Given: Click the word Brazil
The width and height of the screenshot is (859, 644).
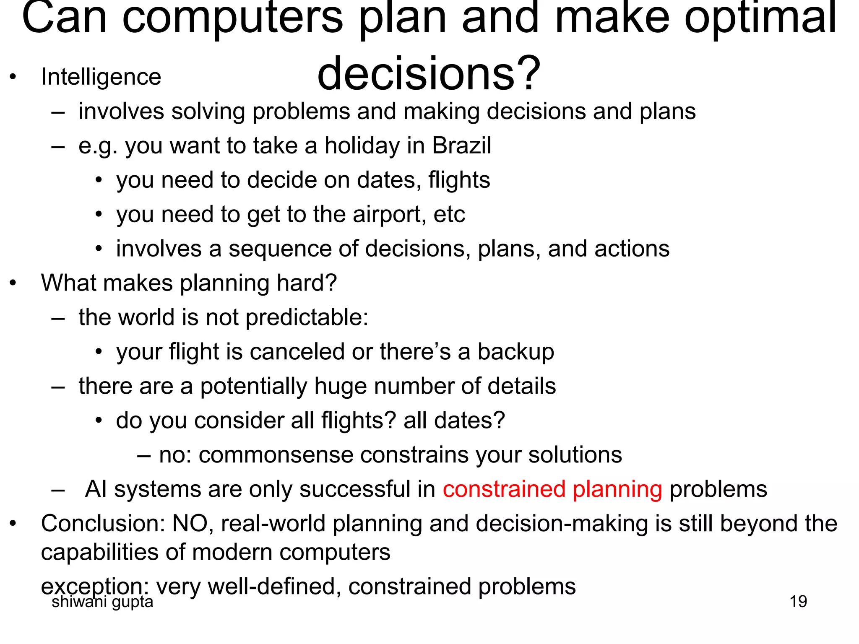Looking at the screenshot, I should click(461, 145).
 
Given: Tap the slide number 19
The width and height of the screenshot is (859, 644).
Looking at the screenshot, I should click(798, 602).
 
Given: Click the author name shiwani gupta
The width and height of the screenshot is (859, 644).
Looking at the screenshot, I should click(102, 602).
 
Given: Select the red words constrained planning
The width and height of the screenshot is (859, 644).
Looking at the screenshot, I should click(552, 489).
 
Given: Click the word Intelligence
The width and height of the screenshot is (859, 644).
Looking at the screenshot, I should click(101, 77).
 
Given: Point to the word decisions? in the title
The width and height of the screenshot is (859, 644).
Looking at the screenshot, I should click(429, 74).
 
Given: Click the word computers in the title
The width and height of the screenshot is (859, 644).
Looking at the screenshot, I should click(233, 19).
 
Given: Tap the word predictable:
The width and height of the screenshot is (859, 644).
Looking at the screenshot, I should click(307, 317).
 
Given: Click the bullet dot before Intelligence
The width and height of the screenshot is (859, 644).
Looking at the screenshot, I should click(13, 77).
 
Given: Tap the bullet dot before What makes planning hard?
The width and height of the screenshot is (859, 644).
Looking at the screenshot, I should click(13, 283).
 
